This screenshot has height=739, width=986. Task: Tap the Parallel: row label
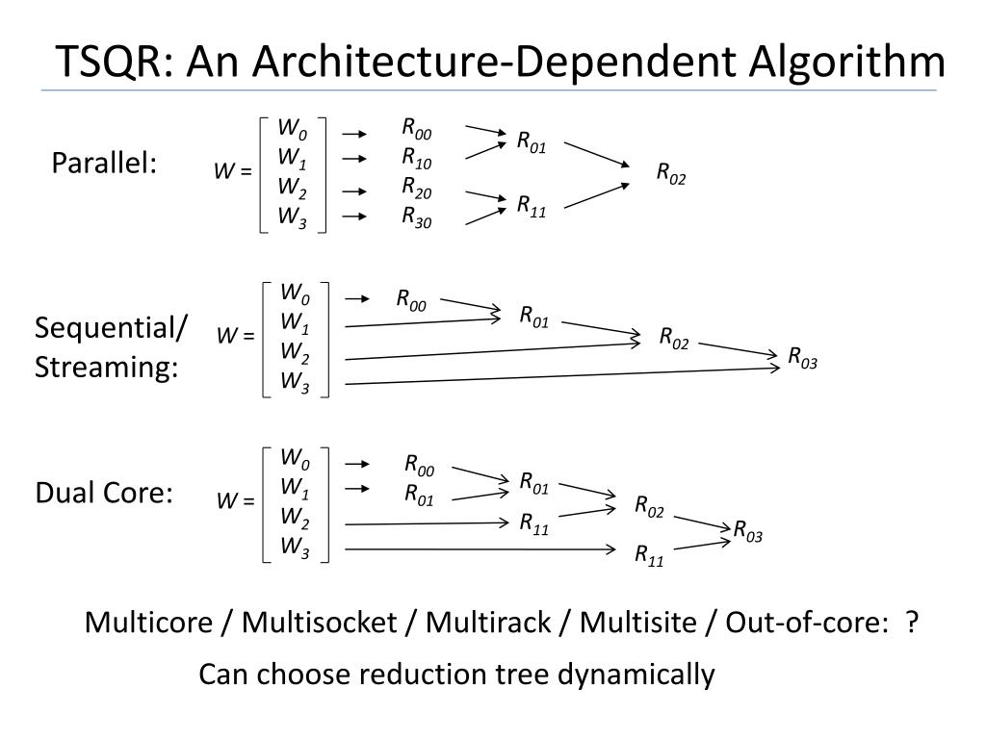pyautogui.click(x=104, y=164)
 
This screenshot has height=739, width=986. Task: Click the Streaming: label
pyautogui.click(x=107, y=368)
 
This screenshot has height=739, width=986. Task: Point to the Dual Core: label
pyautogui.click(x=104, y=494)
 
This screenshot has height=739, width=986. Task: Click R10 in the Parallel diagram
pyautogui.click(x=417, y=158)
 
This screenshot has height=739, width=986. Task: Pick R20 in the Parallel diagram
pyautogui.click(x=417, y=188)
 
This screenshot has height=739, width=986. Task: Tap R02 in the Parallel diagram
pyautogui.click(x=671, y=173)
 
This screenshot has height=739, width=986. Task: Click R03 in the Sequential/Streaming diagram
pyautogui.click(x=802, y=358)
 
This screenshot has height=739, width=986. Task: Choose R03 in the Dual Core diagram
pyautogui.click(x=747, y=530)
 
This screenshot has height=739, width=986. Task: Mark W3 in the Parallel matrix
pyautogui.click(x=292, y=217)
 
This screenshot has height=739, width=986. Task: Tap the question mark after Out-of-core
pyautogui.click(x=910, y=623)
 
